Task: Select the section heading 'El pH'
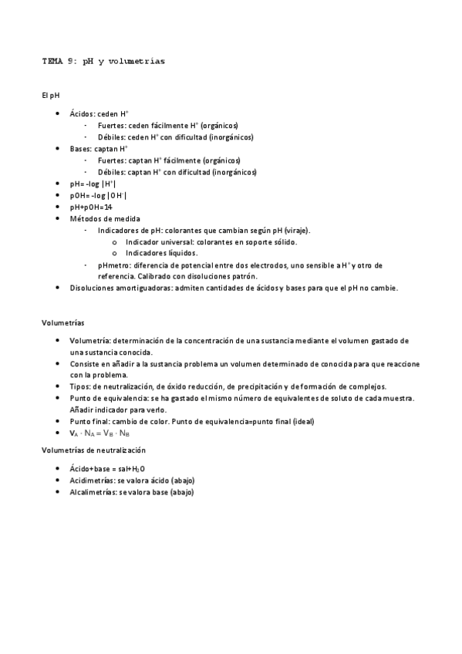click(x=50, y=96)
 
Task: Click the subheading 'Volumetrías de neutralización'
click(x=94, y=449)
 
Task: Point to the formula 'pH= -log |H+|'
click(x=92, y=184)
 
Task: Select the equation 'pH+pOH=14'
click(x=91, y=207)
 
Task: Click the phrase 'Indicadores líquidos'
click(x=161, y=253)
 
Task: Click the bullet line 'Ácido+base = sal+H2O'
click(x=108, y=468)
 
